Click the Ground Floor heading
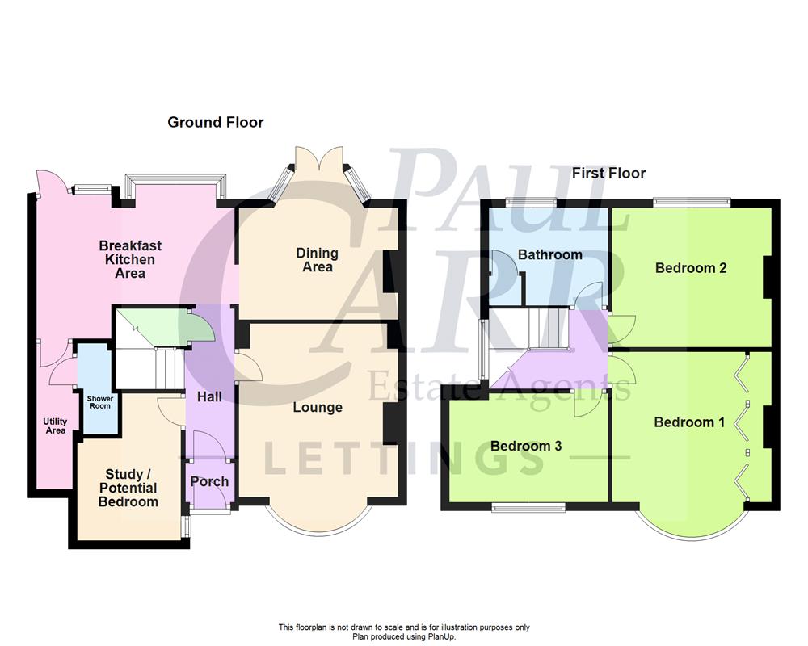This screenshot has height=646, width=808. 216,123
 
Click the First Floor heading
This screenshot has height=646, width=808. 608,174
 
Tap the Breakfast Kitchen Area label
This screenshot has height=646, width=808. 127,259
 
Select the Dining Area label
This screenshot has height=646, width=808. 317,260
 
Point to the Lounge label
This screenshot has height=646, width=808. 318,408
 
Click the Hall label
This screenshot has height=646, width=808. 209,397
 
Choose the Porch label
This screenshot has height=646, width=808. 209,482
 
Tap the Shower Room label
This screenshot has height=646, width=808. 99,401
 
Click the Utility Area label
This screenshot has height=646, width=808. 55,426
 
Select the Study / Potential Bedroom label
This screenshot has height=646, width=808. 128,488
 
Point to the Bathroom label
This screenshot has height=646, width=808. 550,254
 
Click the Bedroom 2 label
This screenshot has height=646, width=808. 691,268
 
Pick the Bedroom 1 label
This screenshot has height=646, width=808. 689,422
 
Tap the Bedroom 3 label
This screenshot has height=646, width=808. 526,446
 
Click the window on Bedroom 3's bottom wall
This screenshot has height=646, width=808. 529,508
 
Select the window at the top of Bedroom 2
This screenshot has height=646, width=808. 692,201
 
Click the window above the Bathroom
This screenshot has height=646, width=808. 531,201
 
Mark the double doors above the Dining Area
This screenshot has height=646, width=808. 321,159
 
